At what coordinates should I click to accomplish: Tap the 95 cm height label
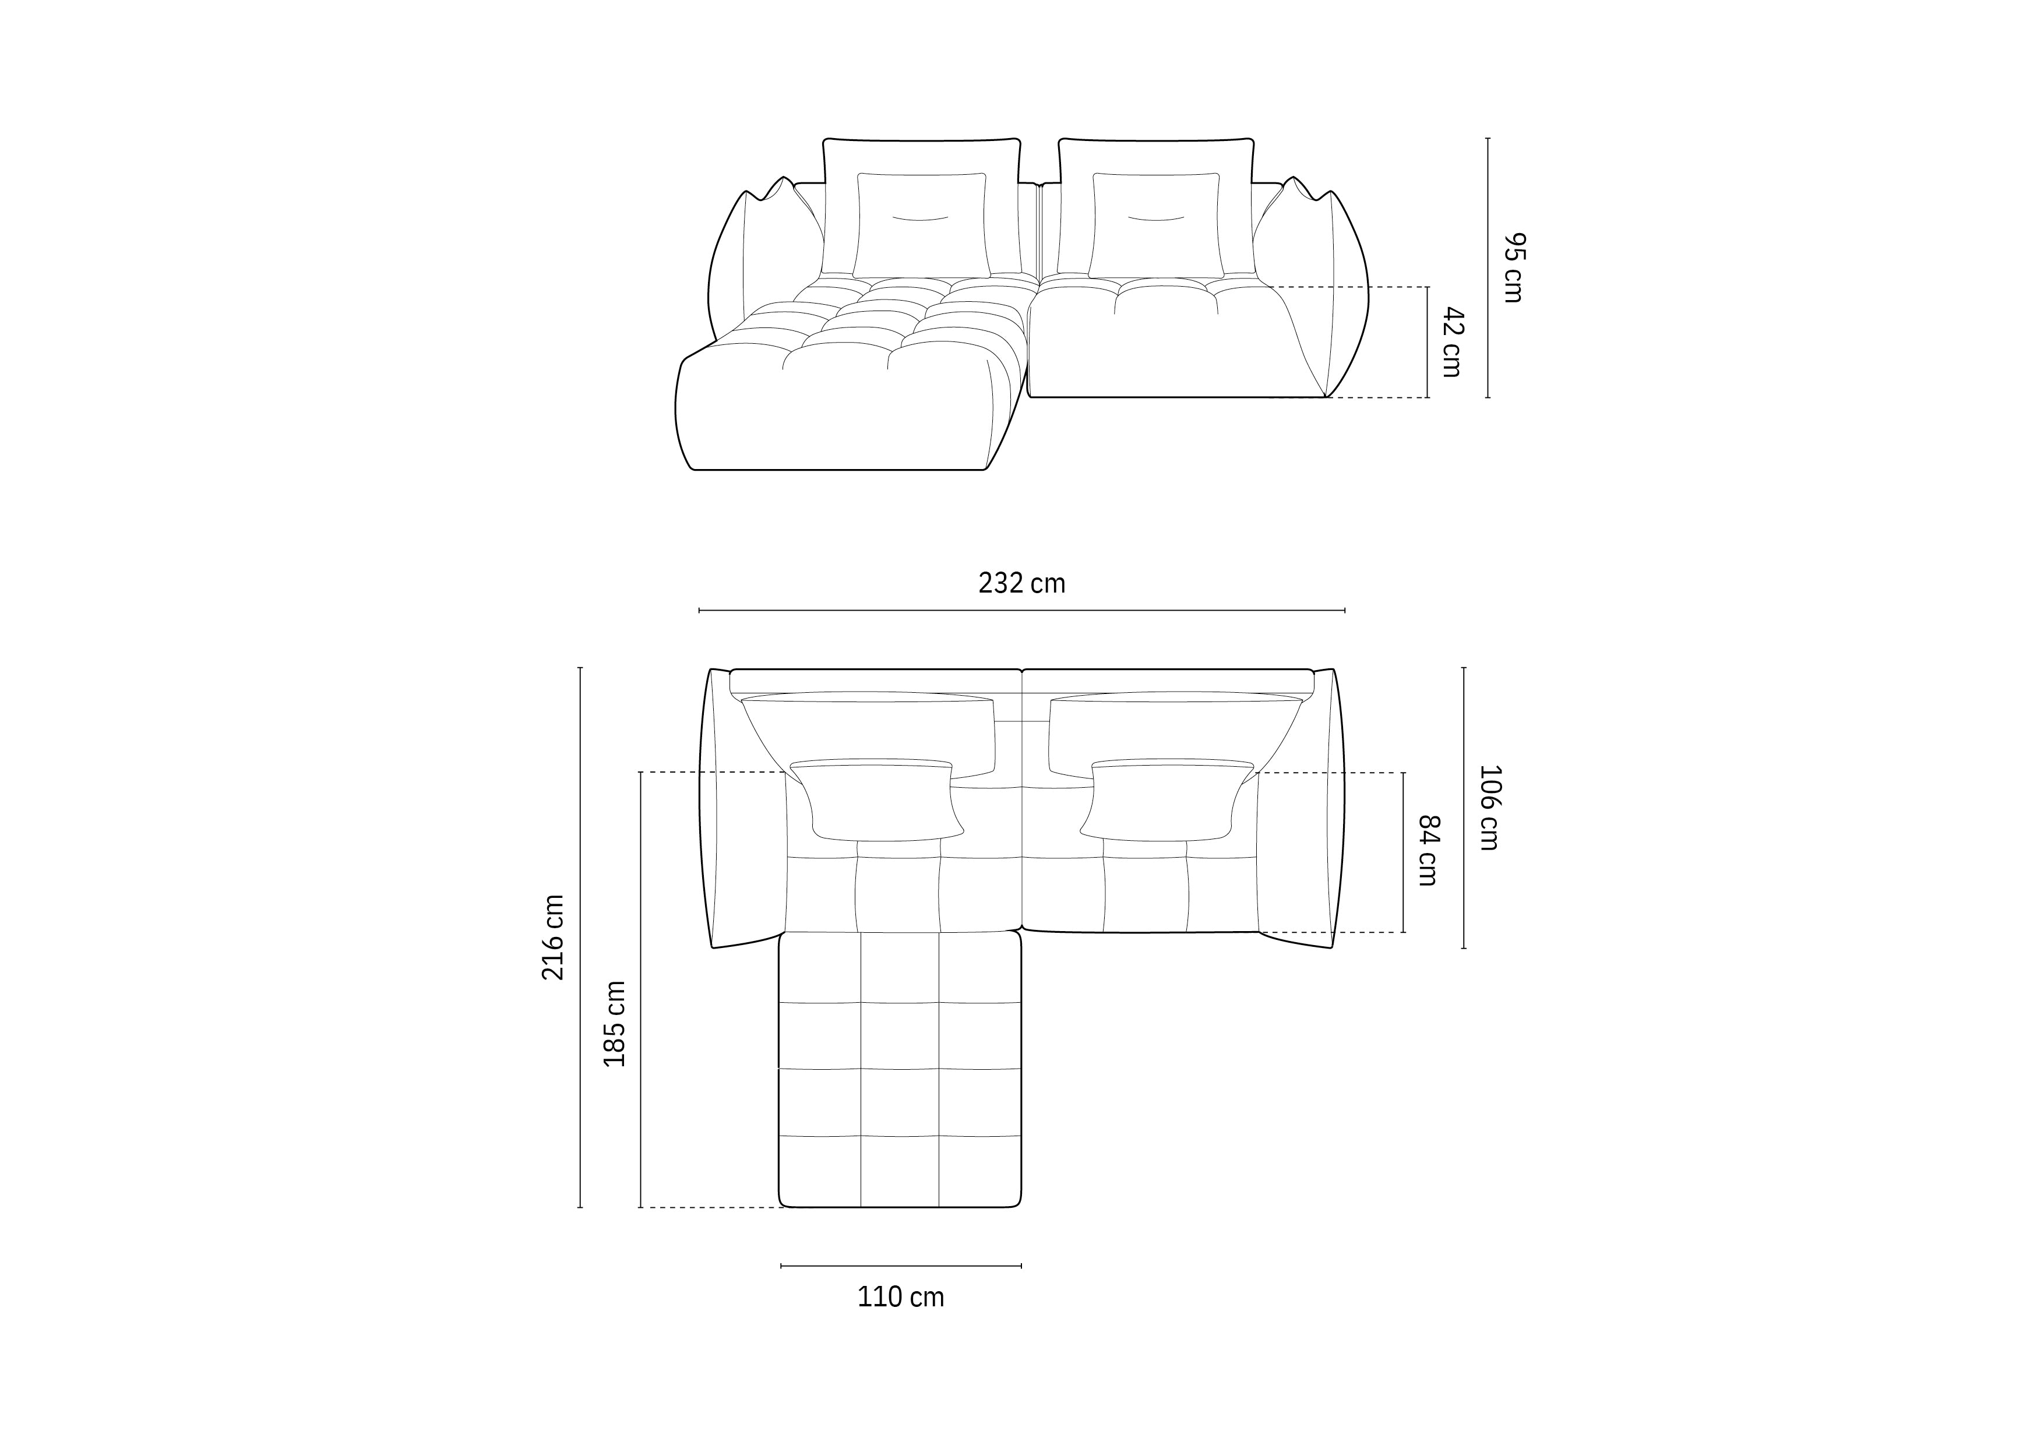coord(1513,267)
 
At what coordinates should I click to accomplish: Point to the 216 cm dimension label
coord(553,938)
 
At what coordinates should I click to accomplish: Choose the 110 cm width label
coord(900,1297)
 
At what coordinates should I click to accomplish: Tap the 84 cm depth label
coord(1428,850)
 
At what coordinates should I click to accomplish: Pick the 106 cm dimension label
coord(1489,808)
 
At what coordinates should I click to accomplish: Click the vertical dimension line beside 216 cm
coord(580,938)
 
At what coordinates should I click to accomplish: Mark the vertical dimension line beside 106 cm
coord(1464,808)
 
